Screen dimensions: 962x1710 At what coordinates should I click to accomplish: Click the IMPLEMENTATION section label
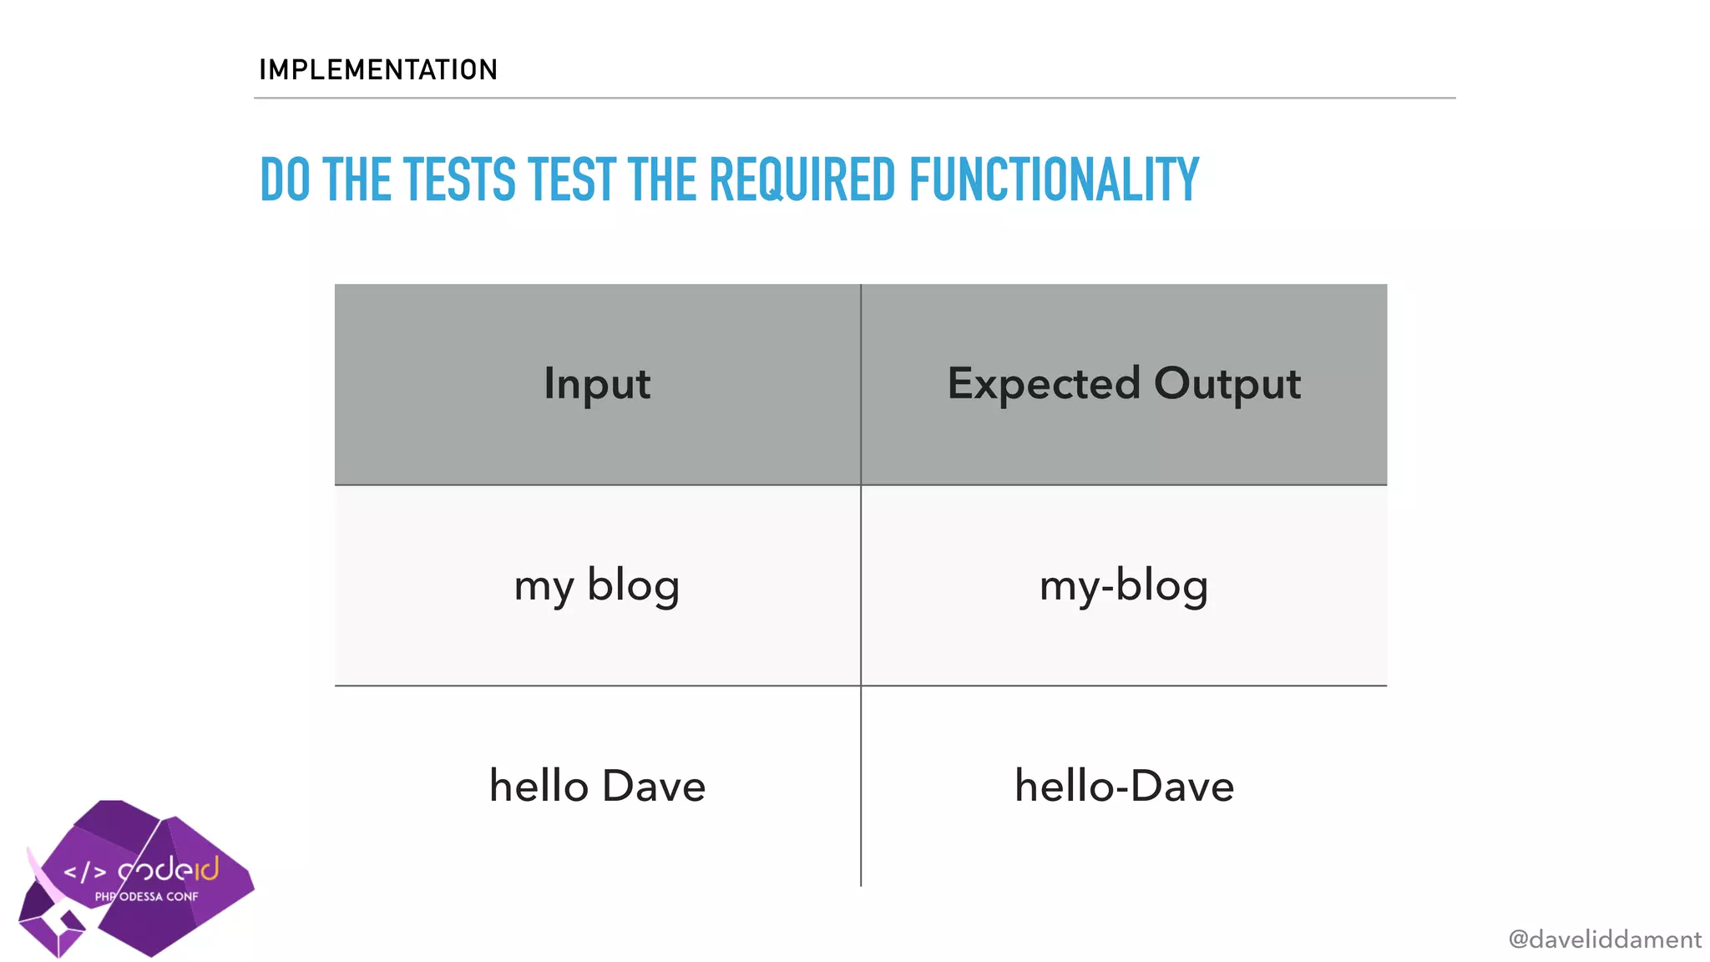click(378, 69)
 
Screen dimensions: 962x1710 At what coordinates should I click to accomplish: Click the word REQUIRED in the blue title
click(802, 180)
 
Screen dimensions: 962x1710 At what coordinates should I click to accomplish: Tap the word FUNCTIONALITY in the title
click(1054, 180)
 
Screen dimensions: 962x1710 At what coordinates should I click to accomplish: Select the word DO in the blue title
click(285, 180)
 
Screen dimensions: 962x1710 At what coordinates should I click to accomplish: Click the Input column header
click(597, 384)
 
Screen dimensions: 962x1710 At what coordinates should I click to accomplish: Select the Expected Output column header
click(1124, 384)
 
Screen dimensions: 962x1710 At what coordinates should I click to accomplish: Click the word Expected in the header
click(1044, 384)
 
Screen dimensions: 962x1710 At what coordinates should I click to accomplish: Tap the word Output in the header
click(1227, 384)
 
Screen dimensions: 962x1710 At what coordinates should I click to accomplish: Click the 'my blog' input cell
click(597, 585)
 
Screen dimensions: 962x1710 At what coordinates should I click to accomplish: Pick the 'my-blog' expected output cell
click(1124, 585)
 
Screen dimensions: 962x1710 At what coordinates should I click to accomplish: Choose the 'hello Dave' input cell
click(597, 786)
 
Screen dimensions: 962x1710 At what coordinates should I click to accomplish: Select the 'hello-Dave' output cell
click(1124, 786)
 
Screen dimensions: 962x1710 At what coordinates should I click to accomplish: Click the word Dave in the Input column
click(653, 786)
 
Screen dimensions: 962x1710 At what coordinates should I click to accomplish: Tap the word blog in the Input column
click(633, 585)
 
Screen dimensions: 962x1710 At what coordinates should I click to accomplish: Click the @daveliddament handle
click(1604, 939)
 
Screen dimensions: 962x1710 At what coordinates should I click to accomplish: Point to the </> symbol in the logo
click(85, 873)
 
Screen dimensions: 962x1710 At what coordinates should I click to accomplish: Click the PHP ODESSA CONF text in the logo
click(147, 897)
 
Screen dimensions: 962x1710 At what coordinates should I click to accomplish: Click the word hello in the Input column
click(539, 786)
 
